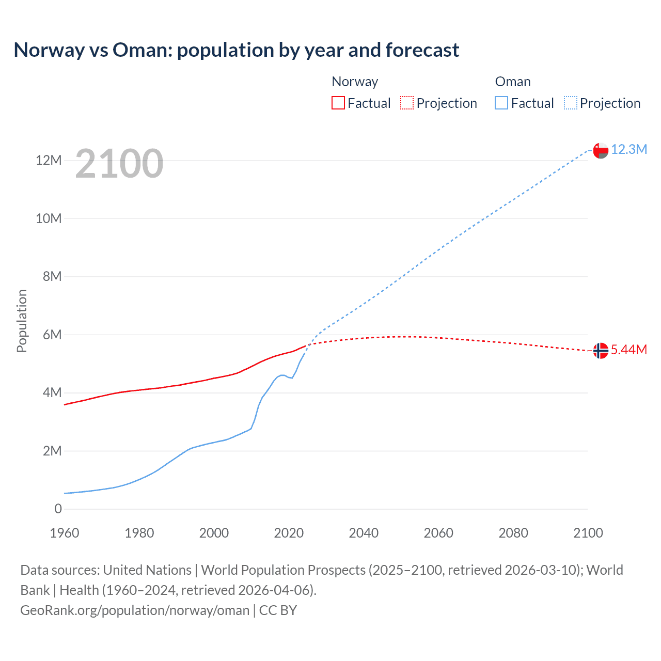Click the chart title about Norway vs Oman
(x=236, y=50)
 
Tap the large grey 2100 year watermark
(x=119, y=164)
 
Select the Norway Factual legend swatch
(x=338, y=103)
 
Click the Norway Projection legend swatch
(x=407, y=103)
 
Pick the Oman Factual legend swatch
(x=501, y=103)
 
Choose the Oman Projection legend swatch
(x=570, y=103)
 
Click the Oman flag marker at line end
(x=601, y=150)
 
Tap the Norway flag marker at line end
(x=601, y=351)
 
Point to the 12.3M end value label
(x=628, y=150)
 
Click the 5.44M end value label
(x=628, y=350)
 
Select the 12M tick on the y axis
(x=49, y=161)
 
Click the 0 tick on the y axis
(x=58, y=509)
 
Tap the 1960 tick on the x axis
(x=65, y=533)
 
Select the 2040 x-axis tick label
(x=364, y=533)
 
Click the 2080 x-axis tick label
(x=513, y=533)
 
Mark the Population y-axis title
(x=22, y=321)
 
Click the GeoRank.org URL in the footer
(x=135, y=610)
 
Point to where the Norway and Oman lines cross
(x=309, y=345)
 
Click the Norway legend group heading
(x=355, y=82)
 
